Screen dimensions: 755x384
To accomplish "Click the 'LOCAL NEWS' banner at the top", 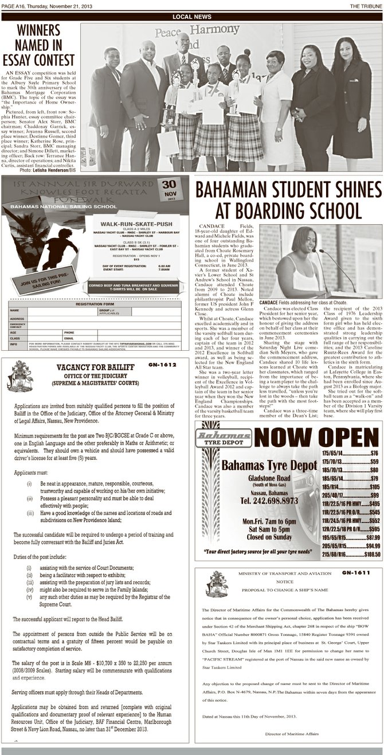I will coord(191,17).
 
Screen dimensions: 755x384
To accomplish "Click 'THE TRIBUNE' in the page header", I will coord(366,5).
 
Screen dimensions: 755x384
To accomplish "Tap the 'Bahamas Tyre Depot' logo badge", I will coord(224,437).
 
